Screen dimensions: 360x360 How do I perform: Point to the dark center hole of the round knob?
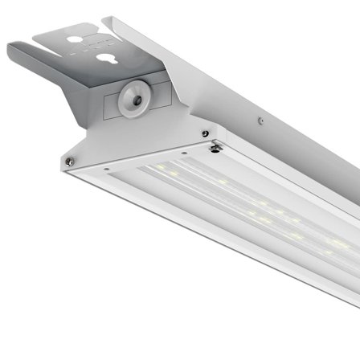point(134,99)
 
